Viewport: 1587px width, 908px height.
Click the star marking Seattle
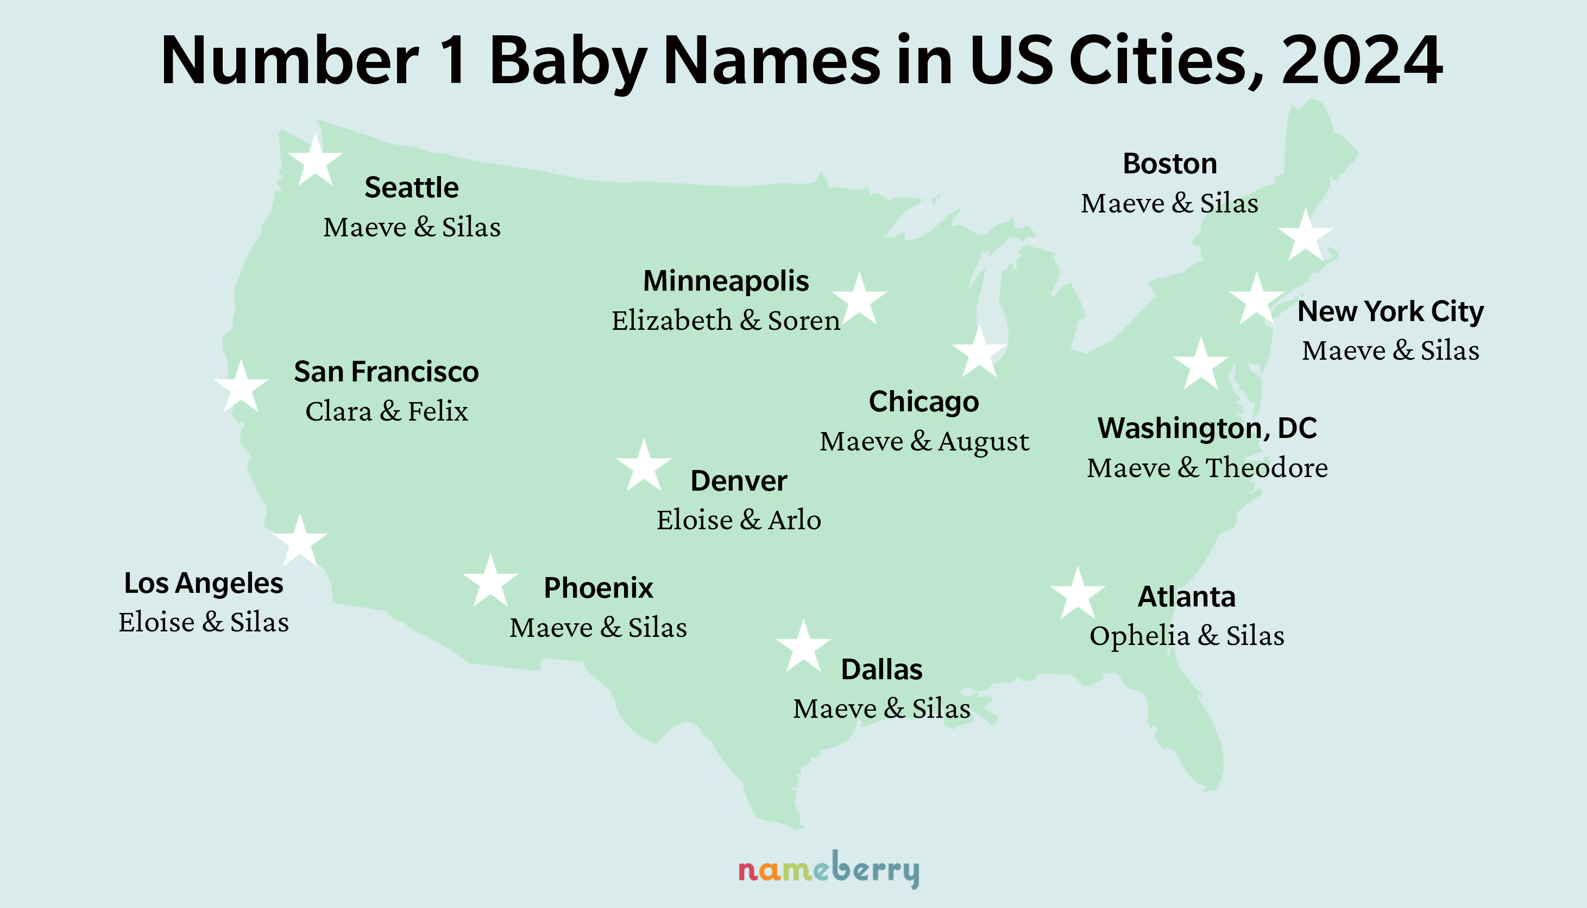click(316, 161)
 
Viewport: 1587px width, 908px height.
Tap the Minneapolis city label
click(726, 280)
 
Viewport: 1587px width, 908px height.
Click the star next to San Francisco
click(241, 388)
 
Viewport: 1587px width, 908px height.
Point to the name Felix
click(438, 411)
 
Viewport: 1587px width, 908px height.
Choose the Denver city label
click(739, 481)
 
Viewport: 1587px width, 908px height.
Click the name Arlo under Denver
click(794, 520)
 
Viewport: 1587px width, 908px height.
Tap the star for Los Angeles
click(300, 542)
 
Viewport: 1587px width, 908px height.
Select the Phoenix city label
click(599, 587)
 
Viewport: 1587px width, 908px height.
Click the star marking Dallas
click(803, 648)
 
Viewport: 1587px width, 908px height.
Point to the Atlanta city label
click(1186, 597)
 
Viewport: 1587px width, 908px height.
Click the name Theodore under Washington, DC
click(1267, 468)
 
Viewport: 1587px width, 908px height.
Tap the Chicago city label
click(924, 402)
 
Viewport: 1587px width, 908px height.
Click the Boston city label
click(1169, 164)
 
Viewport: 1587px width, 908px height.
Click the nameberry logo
click(828, 869)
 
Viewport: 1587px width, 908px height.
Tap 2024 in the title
click(1362, 60)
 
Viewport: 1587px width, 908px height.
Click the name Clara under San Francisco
click(338, 411)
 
